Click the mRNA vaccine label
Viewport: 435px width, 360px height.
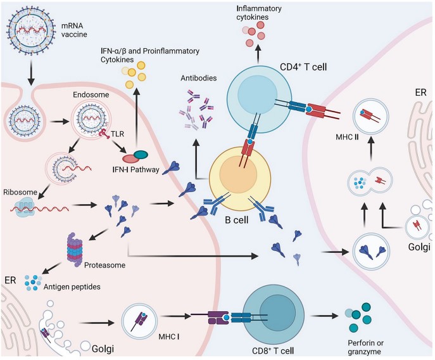(x=74, y=30)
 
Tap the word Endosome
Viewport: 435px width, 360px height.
(x=91, y=94)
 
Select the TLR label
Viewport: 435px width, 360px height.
(x=117, y=134)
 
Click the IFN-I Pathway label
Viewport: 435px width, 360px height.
(x=136, y=169)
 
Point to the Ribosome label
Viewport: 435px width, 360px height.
(x=20, y=192)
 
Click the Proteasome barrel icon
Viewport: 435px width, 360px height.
(x=75, y=250)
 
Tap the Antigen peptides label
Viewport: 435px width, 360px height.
(x=72, y=286)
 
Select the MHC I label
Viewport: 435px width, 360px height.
(x=168, y=337)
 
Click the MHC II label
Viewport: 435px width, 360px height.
(x=347, y=137)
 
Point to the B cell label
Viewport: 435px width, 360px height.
(x=236, y=220)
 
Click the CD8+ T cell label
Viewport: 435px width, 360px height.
(x=273, y=350)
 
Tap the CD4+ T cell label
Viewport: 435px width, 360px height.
(x=303, y=67)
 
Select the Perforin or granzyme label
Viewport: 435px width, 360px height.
(x=365, y=347)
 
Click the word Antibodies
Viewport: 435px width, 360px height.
(x=199, y=78)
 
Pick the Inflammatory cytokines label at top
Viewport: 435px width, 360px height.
(x=259, y=13)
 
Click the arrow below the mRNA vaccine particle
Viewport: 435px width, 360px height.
(x=31, y=73)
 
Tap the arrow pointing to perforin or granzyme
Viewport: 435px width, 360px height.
(x=325, y=316)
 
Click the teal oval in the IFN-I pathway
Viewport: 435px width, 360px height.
(x=141, y=154)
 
